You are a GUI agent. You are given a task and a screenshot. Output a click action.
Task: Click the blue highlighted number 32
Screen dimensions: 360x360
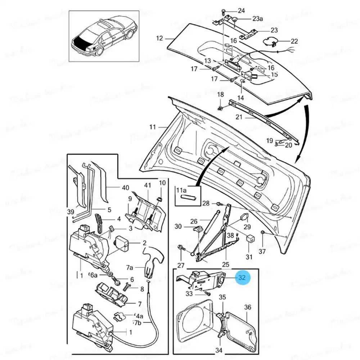pos(242,278)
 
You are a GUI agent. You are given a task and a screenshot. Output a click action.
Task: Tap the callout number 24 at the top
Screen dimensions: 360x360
pos(241,10)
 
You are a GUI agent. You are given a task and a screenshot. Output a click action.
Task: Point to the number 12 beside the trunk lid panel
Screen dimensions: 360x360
pos(159,38)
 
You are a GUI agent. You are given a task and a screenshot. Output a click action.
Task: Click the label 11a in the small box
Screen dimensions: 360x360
pos(181,190)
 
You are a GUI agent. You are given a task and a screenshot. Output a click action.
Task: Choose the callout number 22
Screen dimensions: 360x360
pos(294,41)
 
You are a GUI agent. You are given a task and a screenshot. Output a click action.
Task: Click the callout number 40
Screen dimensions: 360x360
pos(125,188)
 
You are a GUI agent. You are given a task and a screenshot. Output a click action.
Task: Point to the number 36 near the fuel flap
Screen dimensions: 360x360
pos(247,307)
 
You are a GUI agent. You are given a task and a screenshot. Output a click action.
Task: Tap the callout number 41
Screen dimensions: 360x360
pos(148,185)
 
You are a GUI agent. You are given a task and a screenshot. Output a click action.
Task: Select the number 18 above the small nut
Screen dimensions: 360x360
pos(220,95)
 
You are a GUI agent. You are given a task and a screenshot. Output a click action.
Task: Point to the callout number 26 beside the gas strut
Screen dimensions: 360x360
pos(194,221)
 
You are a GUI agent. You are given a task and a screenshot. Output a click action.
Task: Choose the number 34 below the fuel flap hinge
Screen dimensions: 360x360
pos(219,350)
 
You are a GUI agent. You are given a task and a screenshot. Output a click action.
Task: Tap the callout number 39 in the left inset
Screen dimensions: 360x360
pos(70,212)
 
